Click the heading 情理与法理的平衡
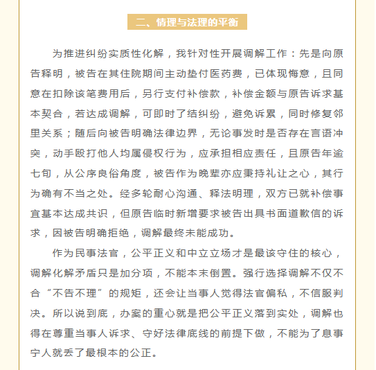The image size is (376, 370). [x=187, y=22]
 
